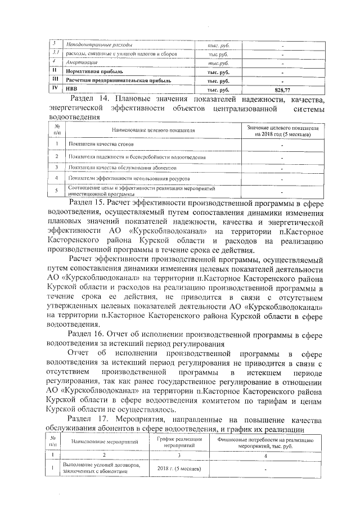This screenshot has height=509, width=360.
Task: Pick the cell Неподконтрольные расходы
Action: [x=100, y=44]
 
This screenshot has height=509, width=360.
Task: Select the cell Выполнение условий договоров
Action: [x=101, y=469]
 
